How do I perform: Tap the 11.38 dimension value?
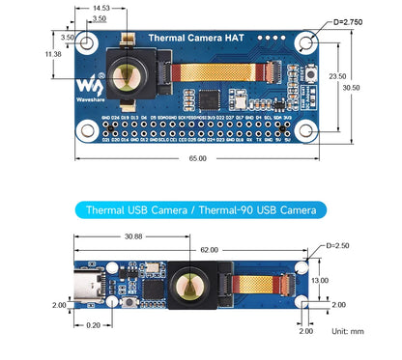[x=54, y=54]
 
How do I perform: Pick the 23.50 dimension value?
[x=337, y=76]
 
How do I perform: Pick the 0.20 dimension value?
[x=92, y=326]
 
